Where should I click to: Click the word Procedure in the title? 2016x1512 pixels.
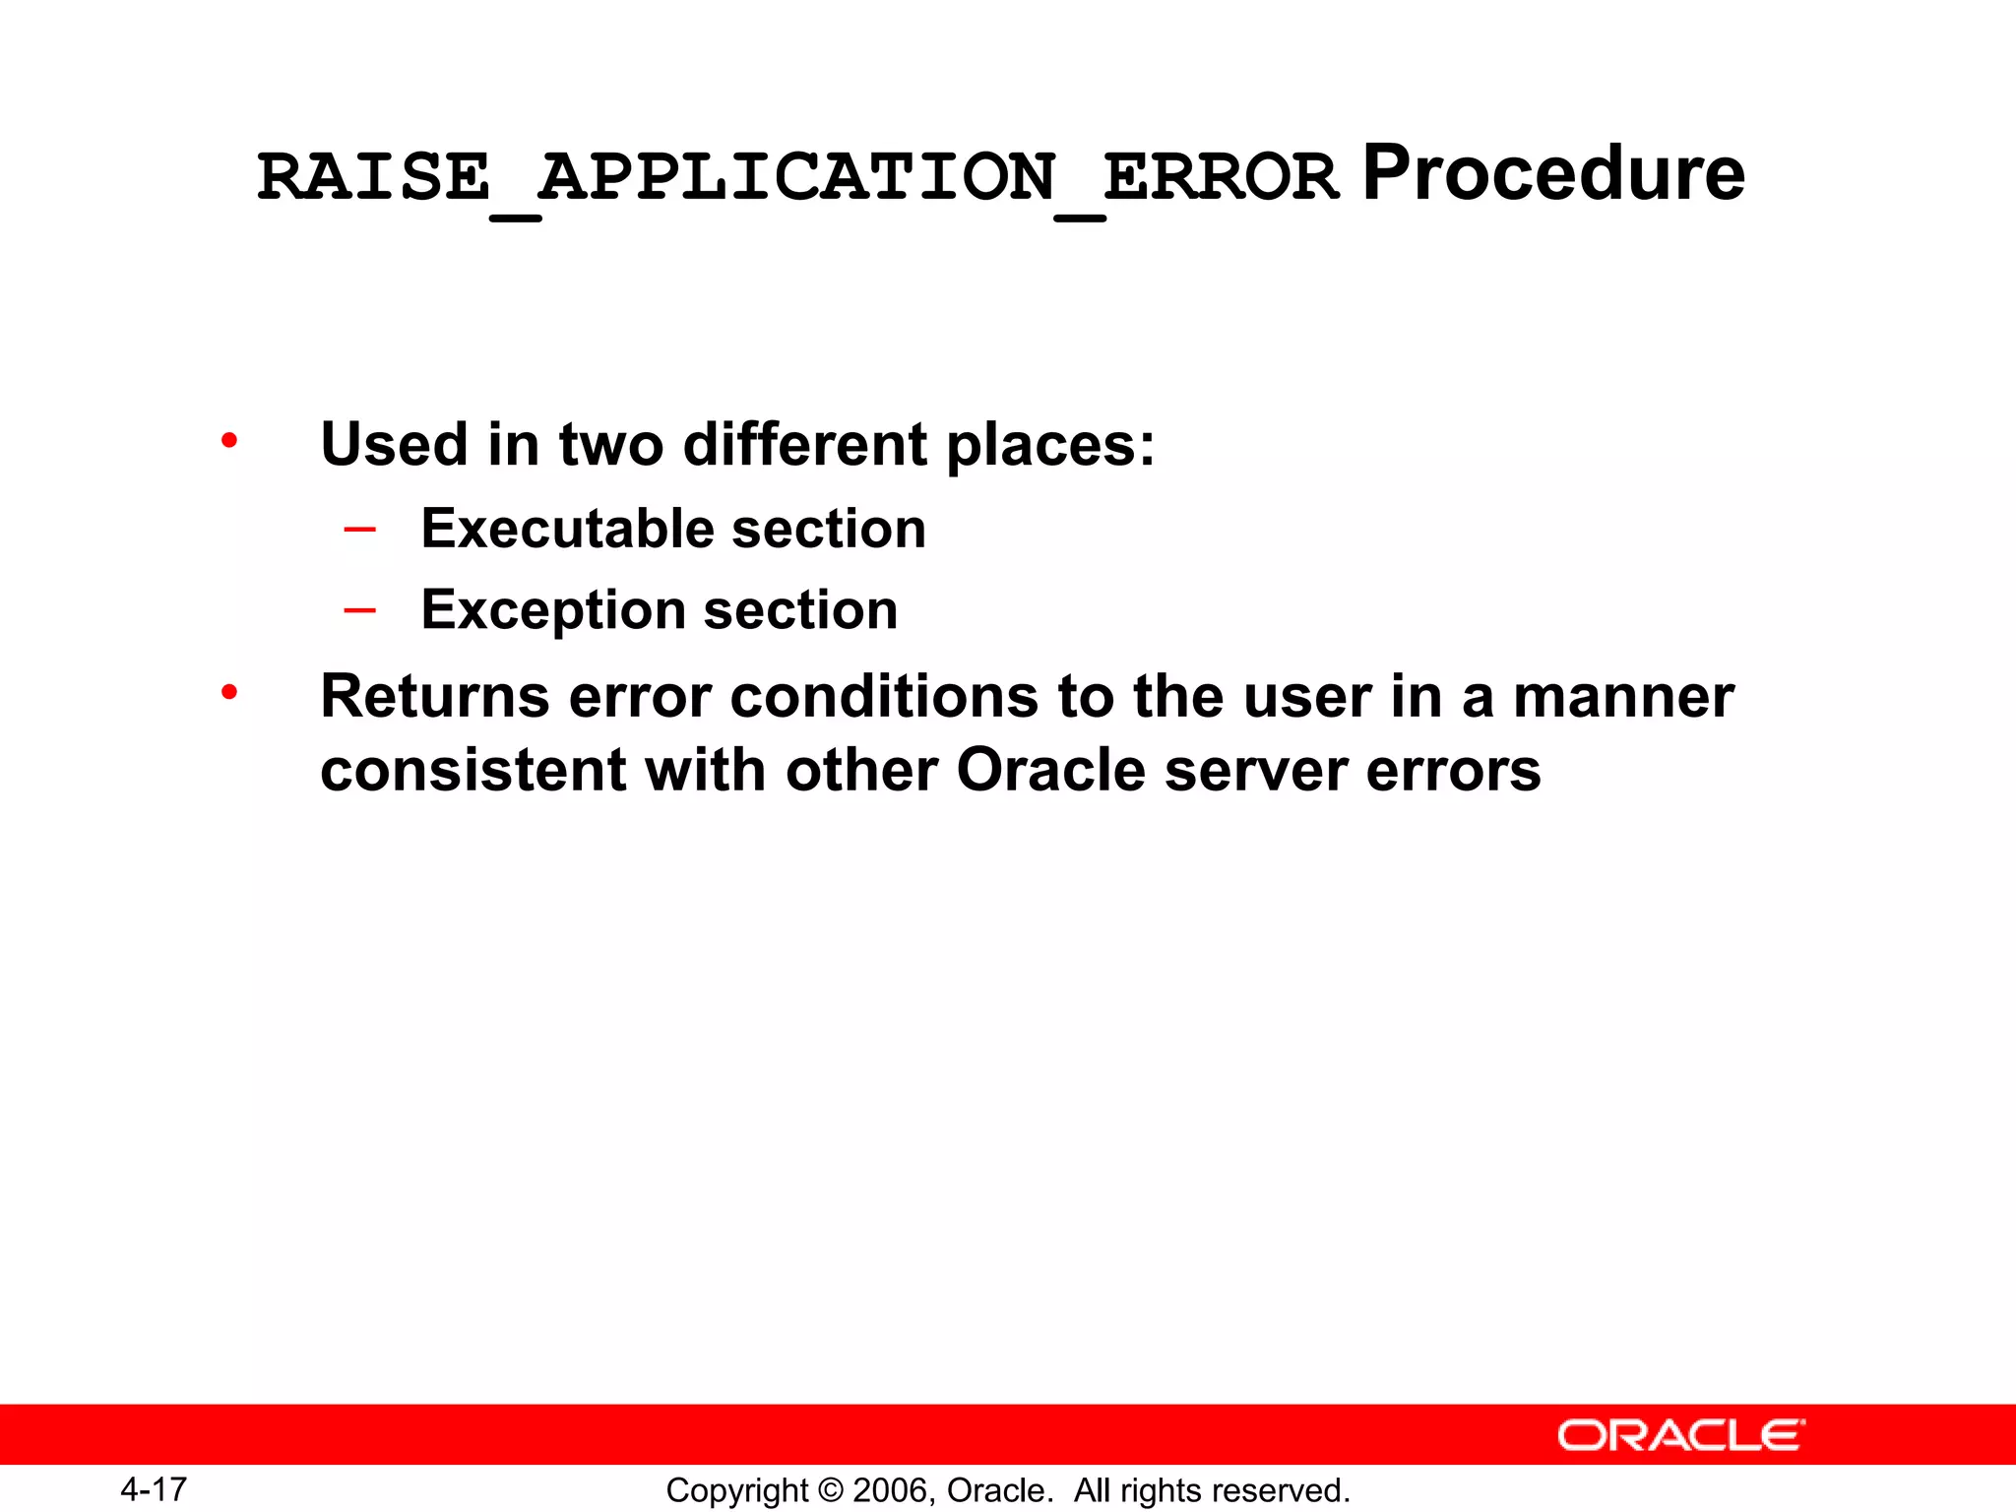click(1552, 174)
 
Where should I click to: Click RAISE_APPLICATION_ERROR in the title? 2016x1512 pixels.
click(797, 178)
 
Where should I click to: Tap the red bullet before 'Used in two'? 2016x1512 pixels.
click(229, 440)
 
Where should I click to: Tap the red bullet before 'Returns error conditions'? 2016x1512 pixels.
click(229, 693)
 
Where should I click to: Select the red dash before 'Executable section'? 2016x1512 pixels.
click(360, 530)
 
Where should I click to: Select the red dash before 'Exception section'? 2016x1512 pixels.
click(360, 611)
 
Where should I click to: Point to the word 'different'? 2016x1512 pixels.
click(804, 444)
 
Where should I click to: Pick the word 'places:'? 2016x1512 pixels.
click(1050, 446)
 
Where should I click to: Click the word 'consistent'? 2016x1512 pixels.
click(472, 770)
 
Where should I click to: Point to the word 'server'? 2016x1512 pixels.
click(1255, 771)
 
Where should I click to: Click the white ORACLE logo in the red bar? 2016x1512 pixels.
click(1680, 1435)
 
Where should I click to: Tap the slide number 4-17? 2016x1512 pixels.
click(154, 1489)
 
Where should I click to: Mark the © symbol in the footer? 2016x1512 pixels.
click(831, 1490)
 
